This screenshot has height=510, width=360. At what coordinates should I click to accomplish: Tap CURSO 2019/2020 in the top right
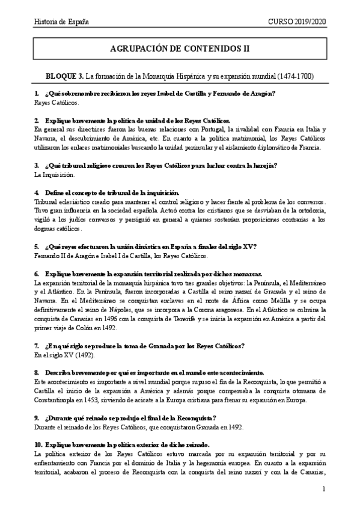(x=296, y=22)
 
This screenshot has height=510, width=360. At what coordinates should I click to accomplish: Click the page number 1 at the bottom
(x=323, y=489)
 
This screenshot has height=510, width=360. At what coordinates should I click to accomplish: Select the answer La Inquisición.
(x=54, y=175)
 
